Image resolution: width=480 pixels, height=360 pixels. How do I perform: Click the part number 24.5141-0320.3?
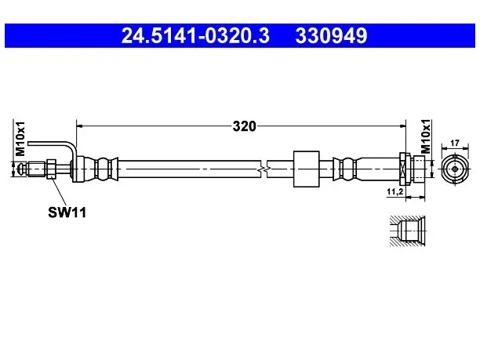(x=195, y=35)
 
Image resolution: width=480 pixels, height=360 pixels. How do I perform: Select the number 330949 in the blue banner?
(x=331, y=35)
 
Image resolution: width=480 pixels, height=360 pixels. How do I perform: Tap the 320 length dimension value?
(x=244, y=126)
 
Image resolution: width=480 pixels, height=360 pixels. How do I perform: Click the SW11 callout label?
(x=67, y=212)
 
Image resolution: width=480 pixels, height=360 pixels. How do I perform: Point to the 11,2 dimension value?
(x=395, y=192)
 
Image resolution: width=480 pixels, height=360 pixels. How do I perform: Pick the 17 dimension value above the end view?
(x=455, y=143)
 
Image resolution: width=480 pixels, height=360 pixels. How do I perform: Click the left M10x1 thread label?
(x=21, y=138)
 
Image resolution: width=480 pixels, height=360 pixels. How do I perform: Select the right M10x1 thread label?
(x=426, y=136)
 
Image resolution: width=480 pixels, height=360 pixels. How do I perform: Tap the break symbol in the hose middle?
(x=264, y=169)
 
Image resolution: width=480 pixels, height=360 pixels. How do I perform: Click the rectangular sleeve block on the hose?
(x=307, y=169)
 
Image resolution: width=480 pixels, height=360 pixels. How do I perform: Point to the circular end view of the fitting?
(x=455, y=169)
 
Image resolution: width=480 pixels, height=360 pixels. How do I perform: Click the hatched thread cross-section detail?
(x=407, y=231)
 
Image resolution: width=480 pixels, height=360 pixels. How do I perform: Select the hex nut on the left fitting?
(x=51, y=169)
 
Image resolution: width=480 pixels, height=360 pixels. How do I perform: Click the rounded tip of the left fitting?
(x=21, y=169)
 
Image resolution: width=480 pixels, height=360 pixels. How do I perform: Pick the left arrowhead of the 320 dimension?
(x=79, y=125)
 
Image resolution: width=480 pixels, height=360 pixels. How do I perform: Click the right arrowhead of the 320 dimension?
(x=402, y=125)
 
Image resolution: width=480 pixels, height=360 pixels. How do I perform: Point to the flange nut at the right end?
(x=405, y=169)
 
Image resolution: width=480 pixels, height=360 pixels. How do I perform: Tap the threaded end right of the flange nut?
(x=419, y=169)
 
